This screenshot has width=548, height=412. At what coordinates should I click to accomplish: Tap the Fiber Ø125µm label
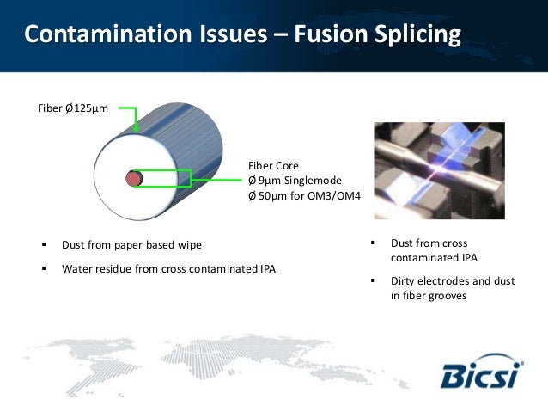(x=72, y=109)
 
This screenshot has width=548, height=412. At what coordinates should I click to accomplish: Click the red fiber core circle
(x=133, y=179)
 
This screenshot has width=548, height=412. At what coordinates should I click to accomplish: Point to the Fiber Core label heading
(x=272, y=165)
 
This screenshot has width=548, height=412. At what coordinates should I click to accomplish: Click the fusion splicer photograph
(x=439, y=169)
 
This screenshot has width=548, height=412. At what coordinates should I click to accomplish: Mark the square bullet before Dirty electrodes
(x=374, y=281)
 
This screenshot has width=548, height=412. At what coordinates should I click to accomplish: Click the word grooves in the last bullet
(x=449, y=296)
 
